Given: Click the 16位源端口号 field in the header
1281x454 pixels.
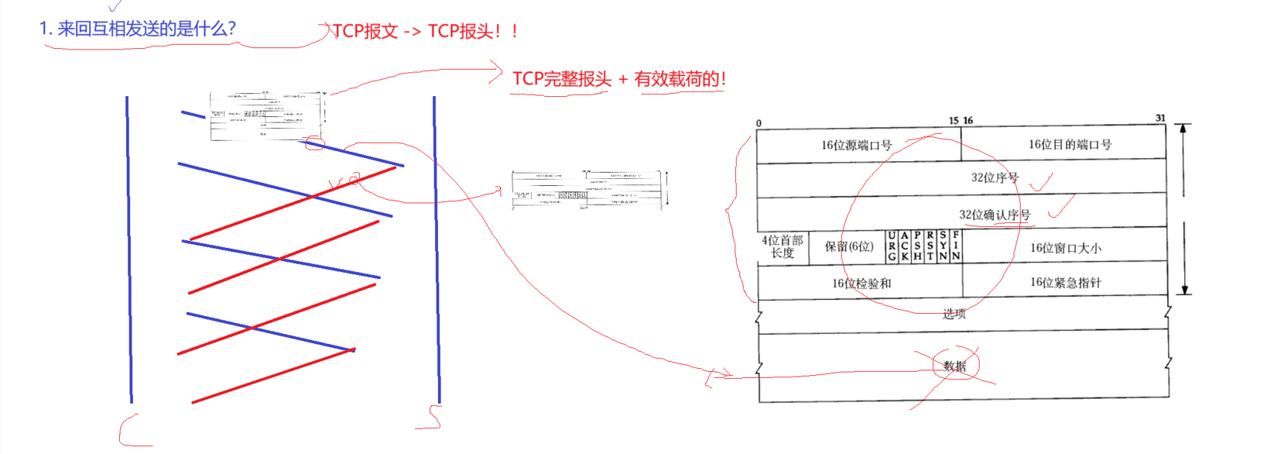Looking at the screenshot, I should click(x=856, y=145).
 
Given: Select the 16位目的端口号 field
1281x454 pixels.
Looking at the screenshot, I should click(x=1070, y=144).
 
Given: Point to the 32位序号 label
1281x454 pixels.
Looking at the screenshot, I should click(x=995, y=177).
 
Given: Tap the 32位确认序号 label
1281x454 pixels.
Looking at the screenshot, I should click(x=995, y=215).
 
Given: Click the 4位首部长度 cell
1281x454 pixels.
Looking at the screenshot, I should click(x=783, y=246).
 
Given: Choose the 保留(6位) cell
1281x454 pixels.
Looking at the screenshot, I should click(x=848, y=246).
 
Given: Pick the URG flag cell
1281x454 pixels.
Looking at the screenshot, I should click(x=892, y=246).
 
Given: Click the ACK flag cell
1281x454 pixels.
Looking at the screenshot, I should click(x=905, y=246).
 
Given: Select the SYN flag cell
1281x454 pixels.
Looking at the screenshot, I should click(x=943, y=246).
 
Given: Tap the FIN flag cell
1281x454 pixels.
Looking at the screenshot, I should click(x=956, y=246).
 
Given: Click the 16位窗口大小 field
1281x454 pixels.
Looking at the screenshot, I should click(x=1065, y=248).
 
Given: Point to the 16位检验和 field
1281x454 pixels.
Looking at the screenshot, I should click(x=861, y=284).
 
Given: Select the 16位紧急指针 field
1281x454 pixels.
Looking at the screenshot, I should click(x=1065, y=283).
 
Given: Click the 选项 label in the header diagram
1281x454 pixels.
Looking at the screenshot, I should click(x=954, y=314).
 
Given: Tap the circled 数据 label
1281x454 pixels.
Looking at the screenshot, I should click(x=954, y=366).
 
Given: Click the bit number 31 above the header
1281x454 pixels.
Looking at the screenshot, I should click(x=1160, y=118).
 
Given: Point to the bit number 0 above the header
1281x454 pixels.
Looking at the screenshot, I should click(x=759, y=123).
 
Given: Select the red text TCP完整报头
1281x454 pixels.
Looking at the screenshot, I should click(x=562, y=79).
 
